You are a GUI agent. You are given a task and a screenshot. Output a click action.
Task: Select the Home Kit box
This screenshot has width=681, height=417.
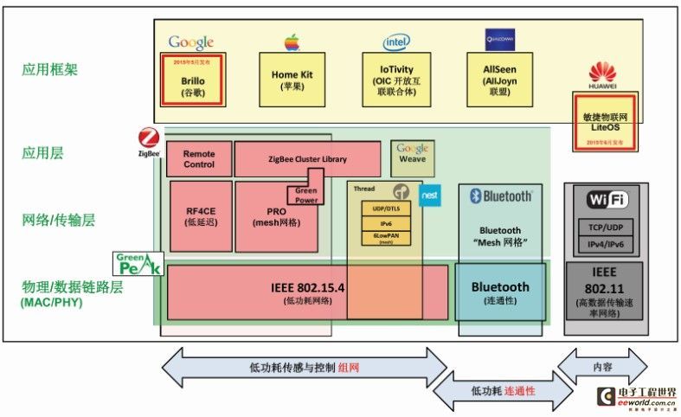click(x=291, y=80)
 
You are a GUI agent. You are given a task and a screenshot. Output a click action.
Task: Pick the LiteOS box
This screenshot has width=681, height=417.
click(x=606, y=122)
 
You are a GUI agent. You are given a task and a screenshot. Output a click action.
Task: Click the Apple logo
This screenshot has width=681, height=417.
click(x=291, y=42)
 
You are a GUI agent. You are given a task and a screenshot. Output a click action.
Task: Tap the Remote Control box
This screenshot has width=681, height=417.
click(x=199, y=159)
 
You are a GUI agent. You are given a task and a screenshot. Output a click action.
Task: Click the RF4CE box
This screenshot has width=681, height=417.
click(x=201, y=215)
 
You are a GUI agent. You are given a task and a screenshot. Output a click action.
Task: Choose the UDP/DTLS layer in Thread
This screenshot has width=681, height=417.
click(x=386, y=208)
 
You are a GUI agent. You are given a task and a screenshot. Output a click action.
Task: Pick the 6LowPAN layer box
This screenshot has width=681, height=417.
click(x=386, y=237)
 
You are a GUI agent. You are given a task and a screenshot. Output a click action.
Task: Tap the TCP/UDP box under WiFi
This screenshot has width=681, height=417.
click(x=606, y=227)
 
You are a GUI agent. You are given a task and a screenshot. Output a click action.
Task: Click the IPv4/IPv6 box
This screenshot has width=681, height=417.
click(x=606, y=244)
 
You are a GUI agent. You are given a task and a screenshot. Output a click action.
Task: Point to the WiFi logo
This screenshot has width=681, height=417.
click(x=606, y=201)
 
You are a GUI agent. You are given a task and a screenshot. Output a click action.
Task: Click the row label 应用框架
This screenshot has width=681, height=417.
click(x=49, y=70)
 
